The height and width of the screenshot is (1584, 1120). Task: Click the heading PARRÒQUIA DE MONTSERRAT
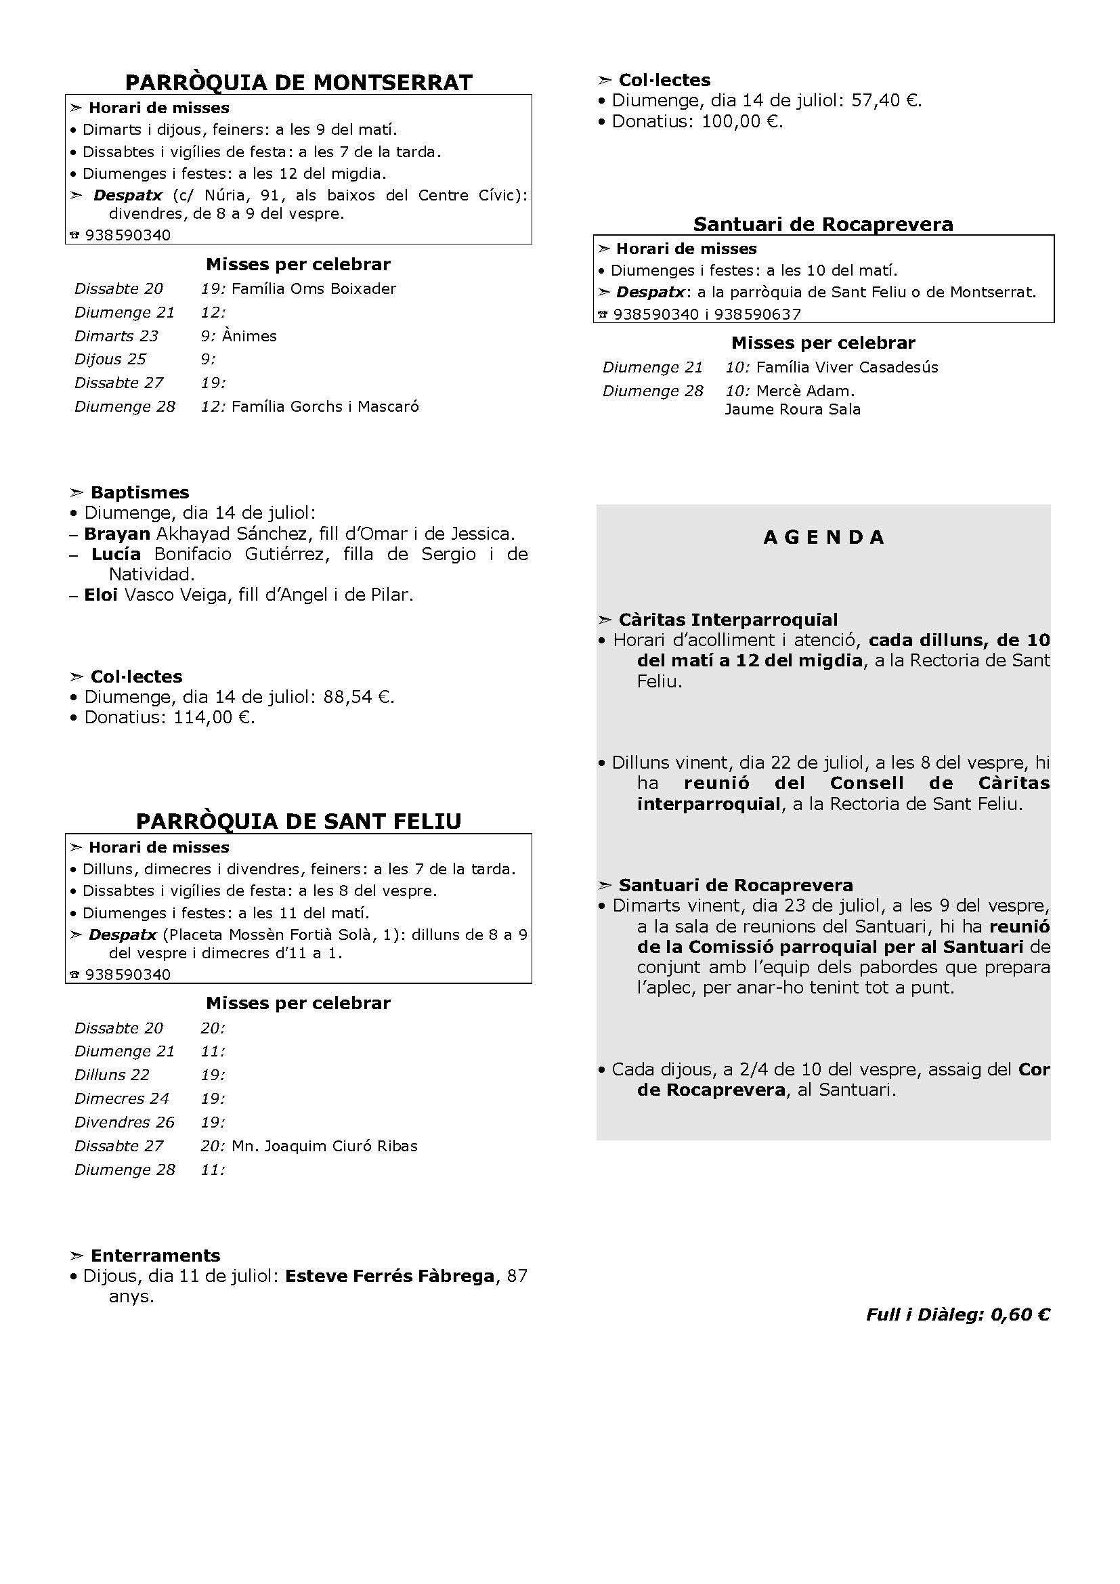[x=299, y=83]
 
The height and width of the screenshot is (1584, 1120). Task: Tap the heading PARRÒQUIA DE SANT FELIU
[x=299, y=821]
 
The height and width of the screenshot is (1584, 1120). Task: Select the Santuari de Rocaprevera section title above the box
[x=823, y=224]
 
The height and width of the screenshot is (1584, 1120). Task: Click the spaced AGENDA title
[x=823, y=538]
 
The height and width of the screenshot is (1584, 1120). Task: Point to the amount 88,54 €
[x=358, y=697]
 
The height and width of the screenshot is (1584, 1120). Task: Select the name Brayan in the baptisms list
[x=116, y=533]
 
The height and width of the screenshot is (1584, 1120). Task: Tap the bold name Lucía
[x=116, y=554]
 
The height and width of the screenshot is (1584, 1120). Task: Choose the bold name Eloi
[x=101, y=595]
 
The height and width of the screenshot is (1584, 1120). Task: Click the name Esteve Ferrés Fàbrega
[x=389, y=1277]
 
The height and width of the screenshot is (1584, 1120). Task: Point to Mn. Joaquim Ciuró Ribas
[x=325, y=1146]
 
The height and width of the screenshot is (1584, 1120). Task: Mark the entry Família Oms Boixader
[x=314, y=288]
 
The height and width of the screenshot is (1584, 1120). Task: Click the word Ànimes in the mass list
[x=254, y=336]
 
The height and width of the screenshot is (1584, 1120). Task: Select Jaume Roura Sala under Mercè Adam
[x=792, y=409]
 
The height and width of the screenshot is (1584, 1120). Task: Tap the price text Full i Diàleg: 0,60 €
[x=957, y=1314]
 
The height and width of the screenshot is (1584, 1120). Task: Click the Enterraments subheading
[x=155, y=1256]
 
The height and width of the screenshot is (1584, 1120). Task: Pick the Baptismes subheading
[x=139, y=492]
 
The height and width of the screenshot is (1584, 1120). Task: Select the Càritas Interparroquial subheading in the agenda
[x=727, y=620]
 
